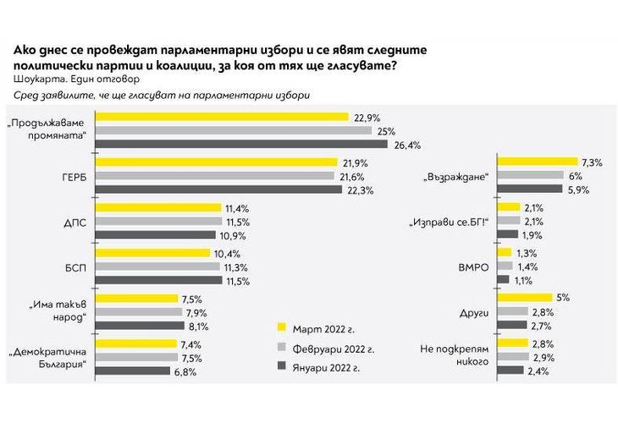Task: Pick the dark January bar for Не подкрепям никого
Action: click(510, 370)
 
